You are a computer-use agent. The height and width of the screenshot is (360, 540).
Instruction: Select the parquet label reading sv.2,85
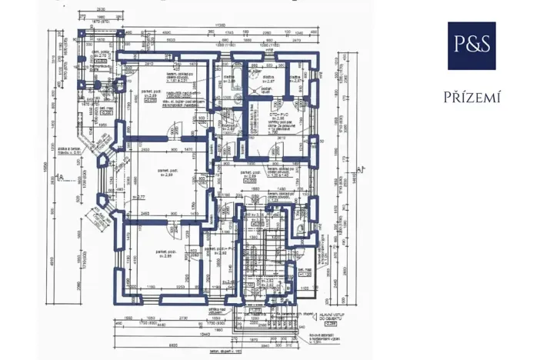(163, 254)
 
